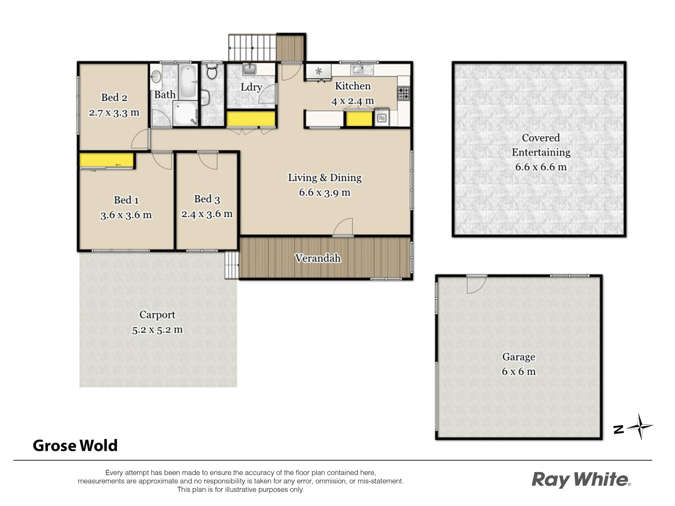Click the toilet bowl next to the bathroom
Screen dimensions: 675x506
click(212, 71)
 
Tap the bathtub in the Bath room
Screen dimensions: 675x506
click(189, 82)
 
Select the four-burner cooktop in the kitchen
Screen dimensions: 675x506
click(404, 93)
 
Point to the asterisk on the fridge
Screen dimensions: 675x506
click(319, 71)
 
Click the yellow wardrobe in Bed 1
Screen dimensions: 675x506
click(106, 161)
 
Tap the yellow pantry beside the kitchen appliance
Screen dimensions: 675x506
click(359, 119)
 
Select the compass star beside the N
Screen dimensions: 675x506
click(640, 427)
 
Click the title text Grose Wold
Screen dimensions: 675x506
click(75, 446)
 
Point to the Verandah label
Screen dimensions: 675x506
click(318, 258)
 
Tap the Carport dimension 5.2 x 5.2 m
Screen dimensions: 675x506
click(157, 330)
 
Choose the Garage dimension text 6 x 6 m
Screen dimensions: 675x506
click(519, 371)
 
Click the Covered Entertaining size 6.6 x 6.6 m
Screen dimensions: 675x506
click(541, 167)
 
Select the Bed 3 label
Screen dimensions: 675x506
click(207, 199)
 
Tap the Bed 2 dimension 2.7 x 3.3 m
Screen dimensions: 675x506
click(114, 113)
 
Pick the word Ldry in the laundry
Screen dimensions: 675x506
click(251, 87)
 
